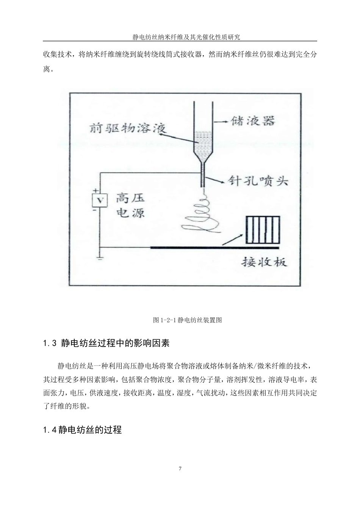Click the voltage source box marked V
(x=100, y=200)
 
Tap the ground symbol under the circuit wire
(x=100, y=258)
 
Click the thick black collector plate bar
(x=214, y=248)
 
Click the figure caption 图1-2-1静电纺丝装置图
(x=187, y=320)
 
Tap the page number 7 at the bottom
(x=180, y=469)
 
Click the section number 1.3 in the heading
(x=50, y=343)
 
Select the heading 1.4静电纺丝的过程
(x=82, y=430)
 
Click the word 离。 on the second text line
(x=49, y=70)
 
